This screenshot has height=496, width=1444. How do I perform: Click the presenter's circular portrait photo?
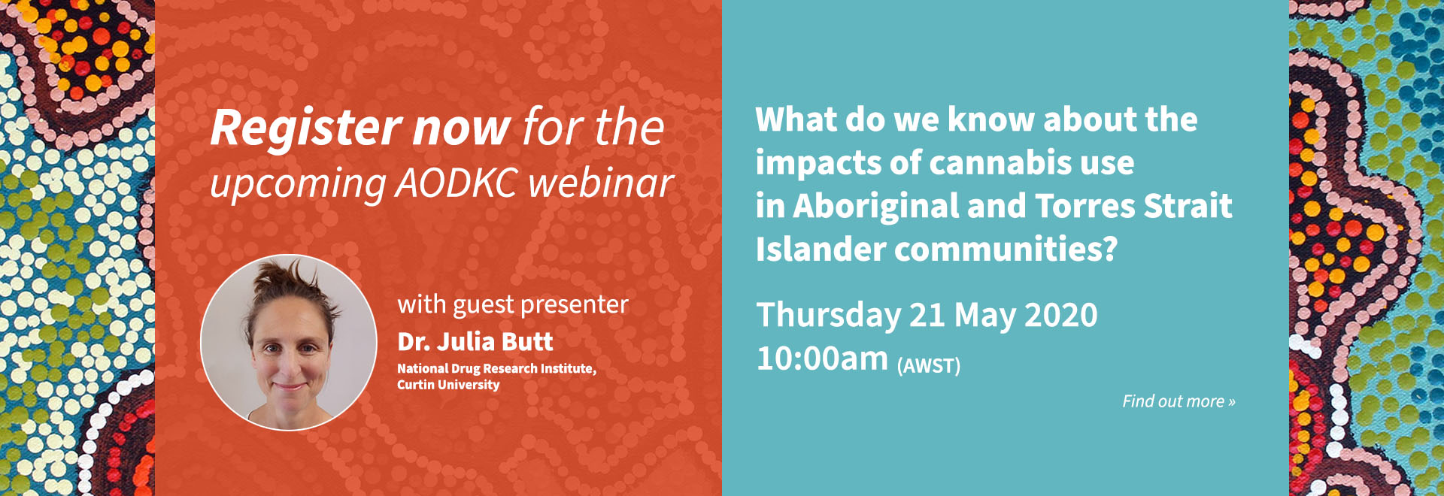(289, 343)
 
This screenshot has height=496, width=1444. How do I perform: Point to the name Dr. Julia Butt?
(475, 342)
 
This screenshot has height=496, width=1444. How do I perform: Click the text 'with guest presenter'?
(513, 304)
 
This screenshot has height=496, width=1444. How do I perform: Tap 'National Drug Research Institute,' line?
(496, 368)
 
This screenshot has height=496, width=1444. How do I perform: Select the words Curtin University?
(448, 385)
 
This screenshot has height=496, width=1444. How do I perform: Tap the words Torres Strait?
(1133, 206)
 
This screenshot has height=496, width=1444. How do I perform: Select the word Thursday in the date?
(828, 315)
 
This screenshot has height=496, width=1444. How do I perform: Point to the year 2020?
(1061, 315)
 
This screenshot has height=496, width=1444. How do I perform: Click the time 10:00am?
(822, 358)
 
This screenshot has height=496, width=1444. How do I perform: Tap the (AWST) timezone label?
(929, 366)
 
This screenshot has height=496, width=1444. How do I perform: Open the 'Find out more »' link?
(1179, 401)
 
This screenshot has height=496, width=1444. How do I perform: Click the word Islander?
(821, 249)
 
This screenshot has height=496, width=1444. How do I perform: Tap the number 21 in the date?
(924, 315)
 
